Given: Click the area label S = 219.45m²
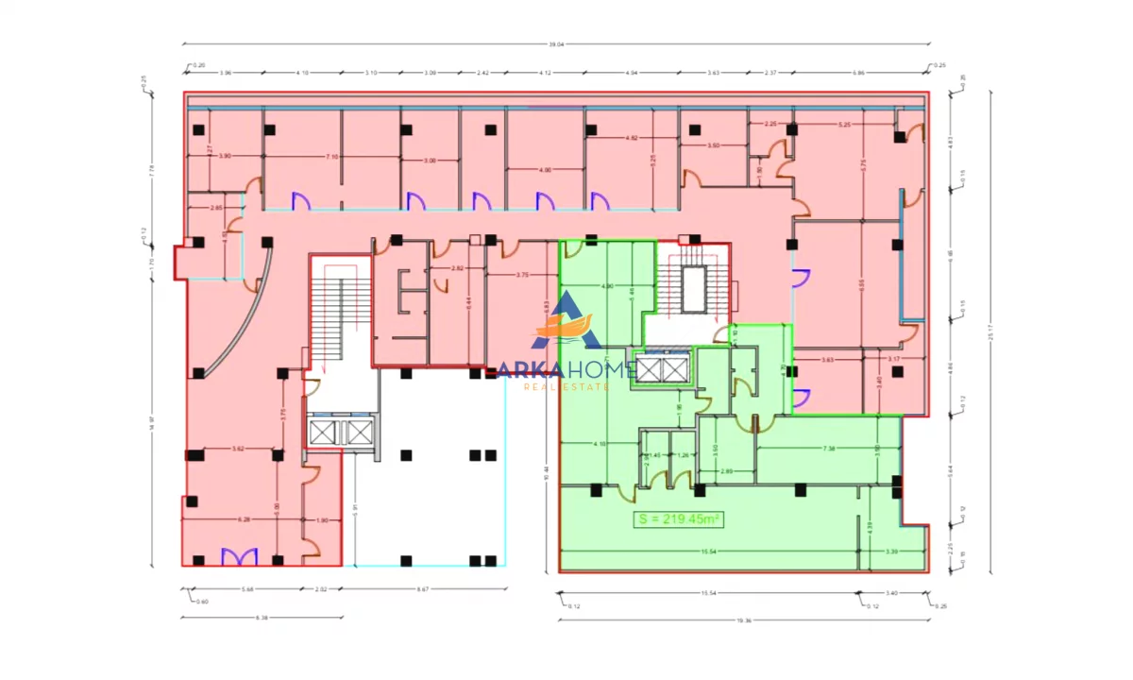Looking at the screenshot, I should point(678,518).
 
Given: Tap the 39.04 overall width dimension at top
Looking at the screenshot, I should point(555,42).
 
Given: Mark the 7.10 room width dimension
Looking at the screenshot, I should point(331,157).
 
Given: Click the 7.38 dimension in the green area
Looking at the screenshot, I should point(829,448).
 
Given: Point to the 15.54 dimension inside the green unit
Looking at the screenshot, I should point(704,551).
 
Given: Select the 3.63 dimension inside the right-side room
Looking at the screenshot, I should point(827,360).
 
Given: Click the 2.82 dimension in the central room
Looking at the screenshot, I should point(457,269).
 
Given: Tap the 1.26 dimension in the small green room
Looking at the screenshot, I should point(683,455).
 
